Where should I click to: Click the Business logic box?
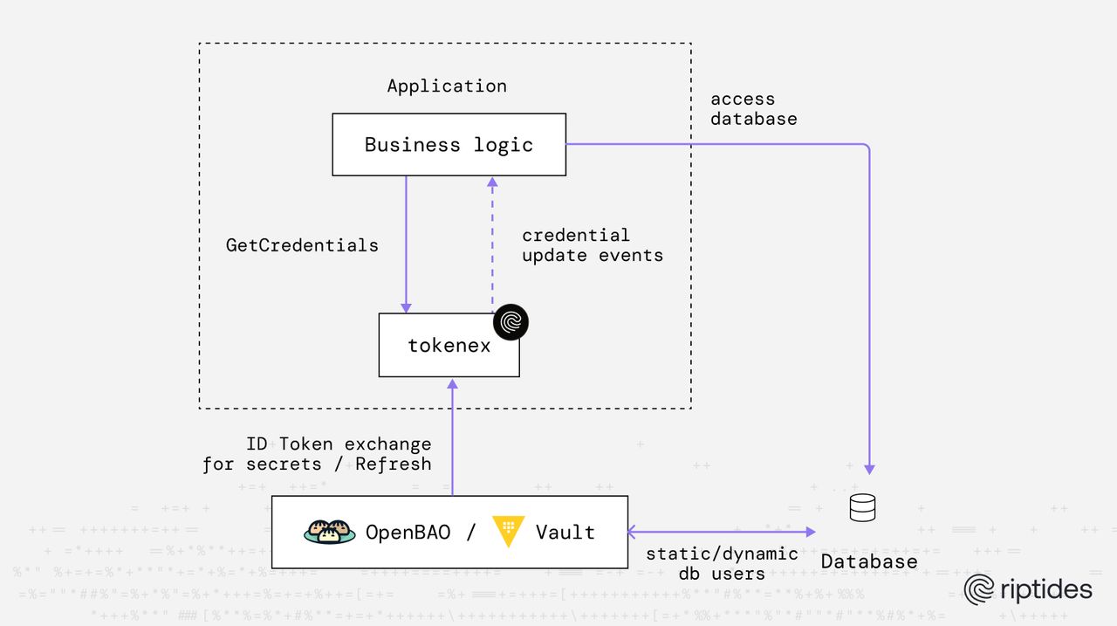pos(449,144)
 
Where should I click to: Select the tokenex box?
pos(449,346)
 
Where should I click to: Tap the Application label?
pos(446,86)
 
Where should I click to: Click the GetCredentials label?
pos(302,245)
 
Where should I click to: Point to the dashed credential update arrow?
pos(492,244)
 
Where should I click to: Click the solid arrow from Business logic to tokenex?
pos(406,244)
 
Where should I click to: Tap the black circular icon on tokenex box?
pos(511,322)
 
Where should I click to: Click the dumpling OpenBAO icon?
pos(329,532)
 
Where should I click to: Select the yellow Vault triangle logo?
pos(507,531)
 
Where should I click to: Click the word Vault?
pos(565,532)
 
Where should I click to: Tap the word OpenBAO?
pos(408,532)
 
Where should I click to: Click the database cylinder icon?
pos(862,507)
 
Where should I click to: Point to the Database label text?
pos(868,561)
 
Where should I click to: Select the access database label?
pos(753,108)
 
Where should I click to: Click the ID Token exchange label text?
pos(318,454)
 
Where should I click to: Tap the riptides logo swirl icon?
pos(980,589)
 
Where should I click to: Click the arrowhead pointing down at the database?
pos(869,469)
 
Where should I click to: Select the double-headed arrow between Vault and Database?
pos(721,531)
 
